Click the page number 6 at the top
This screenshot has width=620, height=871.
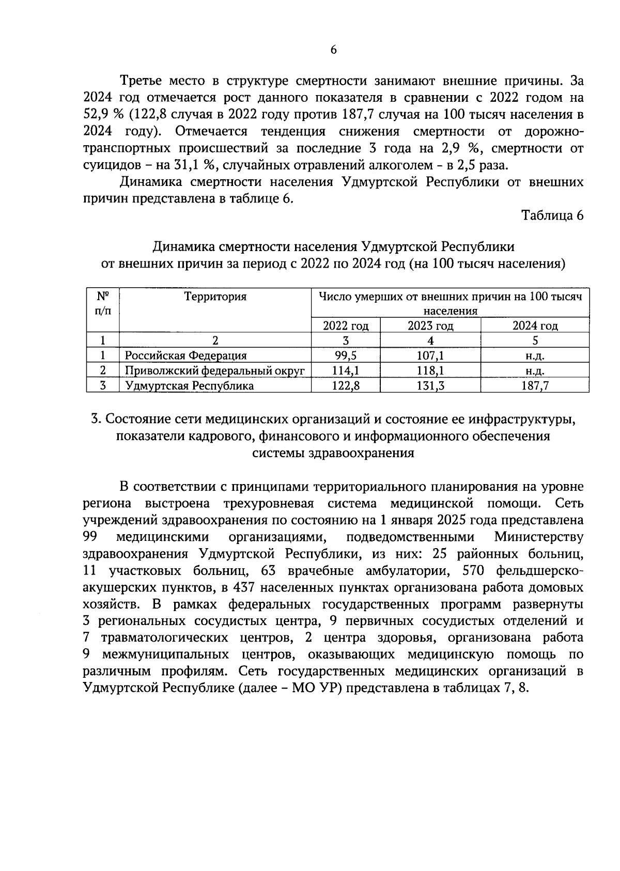[x=333, y=50]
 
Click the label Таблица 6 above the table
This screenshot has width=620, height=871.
[x=552, y=215]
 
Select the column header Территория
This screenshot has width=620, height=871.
[x=215, y=297]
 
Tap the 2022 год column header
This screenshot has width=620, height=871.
[x=346, y=325]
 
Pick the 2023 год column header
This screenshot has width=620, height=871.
[x=430, y=325]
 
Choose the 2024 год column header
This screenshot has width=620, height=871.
[x=535, y=325]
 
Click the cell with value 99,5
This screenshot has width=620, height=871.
[x=346, y=355]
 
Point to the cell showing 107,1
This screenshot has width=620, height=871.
[x=430, y=355]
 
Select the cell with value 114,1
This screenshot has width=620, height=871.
[x=346, y=370]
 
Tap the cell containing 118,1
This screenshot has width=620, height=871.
[x=430, y=370]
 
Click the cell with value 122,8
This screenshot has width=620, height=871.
[x=346, y=385]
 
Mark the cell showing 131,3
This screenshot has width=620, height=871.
[x=430, y=385]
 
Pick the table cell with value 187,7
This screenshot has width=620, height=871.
[x=535, y=385]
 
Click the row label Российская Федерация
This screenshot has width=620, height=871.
[x=186, y=355]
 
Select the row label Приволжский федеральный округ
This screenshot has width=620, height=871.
[x=215, y=370]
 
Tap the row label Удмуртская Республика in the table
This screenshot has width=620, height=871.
[x=190, y=385]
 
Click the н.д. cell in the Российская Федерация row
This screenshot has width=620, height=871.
[x=535, y=355]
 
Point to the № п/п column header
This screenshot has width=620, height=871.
[x=103, y=303]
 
